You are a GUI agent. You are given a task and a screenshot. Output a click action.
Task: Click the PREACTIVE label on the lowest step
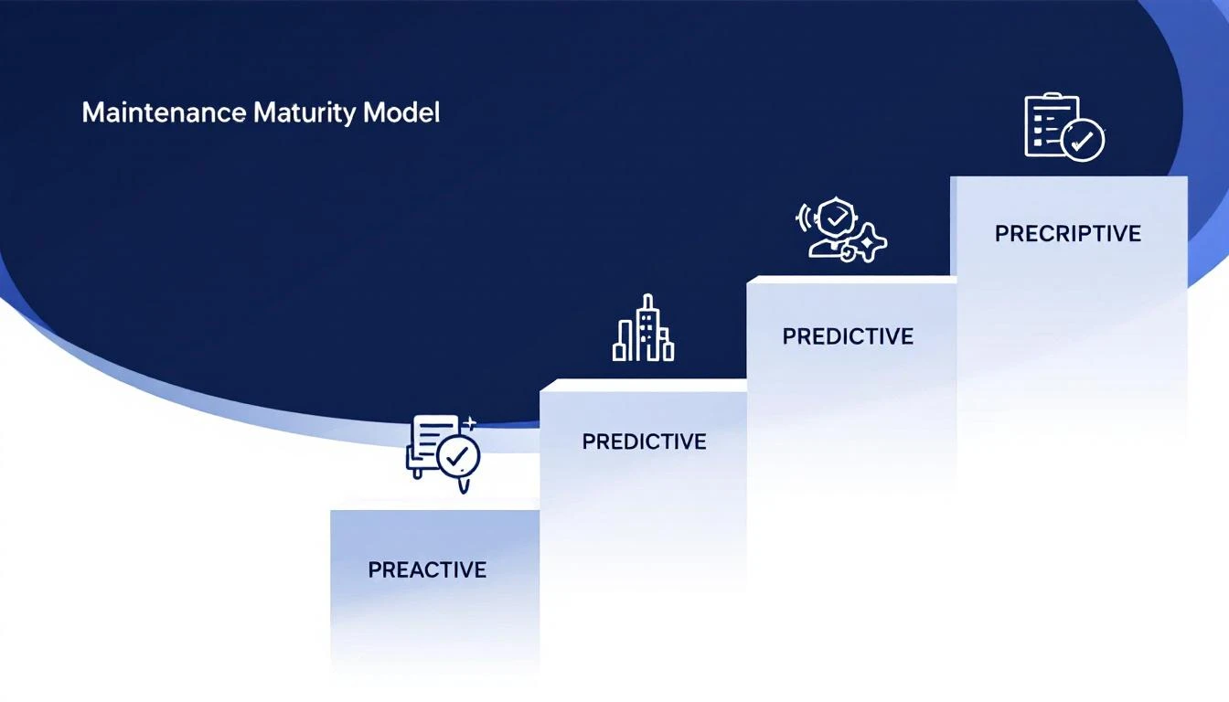pos(427,569)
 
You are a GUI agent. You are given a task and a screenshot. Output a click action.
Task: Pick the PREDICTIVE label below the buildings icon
pos(644,441)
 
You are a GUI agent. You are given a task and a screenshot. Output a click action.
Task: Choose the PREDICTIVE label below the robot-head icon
pos(848,336)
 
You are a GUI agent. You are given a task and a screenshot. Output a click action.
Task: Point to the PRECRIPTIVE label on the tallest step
pos(1067,234)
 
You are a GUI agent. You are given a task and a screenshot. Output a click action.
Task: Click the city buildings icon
pos(643,329)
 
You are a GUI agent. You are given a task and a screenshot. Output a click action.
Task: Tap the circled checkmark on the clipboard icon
pos(1084,141)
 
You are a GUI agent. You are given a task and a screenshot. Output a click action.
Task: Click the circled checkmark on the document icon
pos(458,455)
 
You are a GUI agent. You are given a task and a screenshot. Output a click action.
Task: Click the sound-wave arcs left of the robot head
pos(805,218)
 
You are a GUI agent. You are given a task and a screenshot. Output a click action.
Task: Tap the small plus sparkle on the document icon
pos(470,422)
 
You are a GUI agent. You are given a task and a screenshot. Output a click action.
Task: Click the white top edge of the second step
pos(643,385)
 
